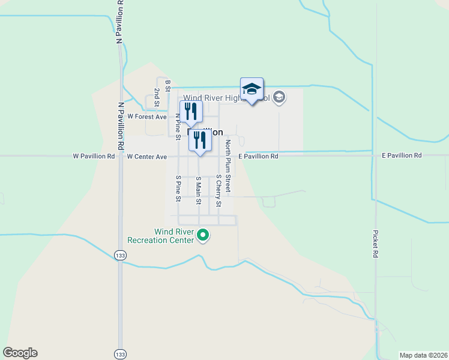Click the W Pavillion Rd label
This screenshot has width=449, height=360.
(x=94, y=156)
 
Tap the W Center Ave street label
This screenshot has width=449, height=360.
(x=147, y=157)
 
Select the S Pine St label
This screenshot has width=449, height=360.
(x=178, y=188)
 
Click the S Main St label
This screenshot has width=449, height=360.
(x=198, y=190)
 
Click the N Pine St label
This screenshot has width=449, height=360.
(x=178, y=122)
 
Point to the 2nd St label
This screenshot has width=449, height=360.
(x=156, y=97)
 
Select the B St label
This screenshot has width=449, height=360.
(x=168, y=85)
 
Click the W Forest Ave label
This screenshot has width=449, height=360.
(x=147, y=116)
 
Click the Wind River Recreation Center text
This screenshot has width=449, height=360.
(x=174, y=236)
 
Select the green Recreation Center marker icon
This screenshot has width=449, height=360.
(x=203, y=235)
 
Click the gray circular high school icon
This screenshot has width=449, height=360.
(x=279, y=97)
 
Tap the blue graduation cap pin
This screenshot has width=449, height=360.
(x=252, y=90)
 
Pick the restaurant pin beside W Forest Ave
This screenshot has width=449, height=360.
(x=191, y=112)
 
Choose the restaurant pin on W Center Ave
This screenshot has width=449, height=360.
(x=200, y=141)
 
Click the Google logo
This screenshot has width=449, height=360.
(x=20, y=353)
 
